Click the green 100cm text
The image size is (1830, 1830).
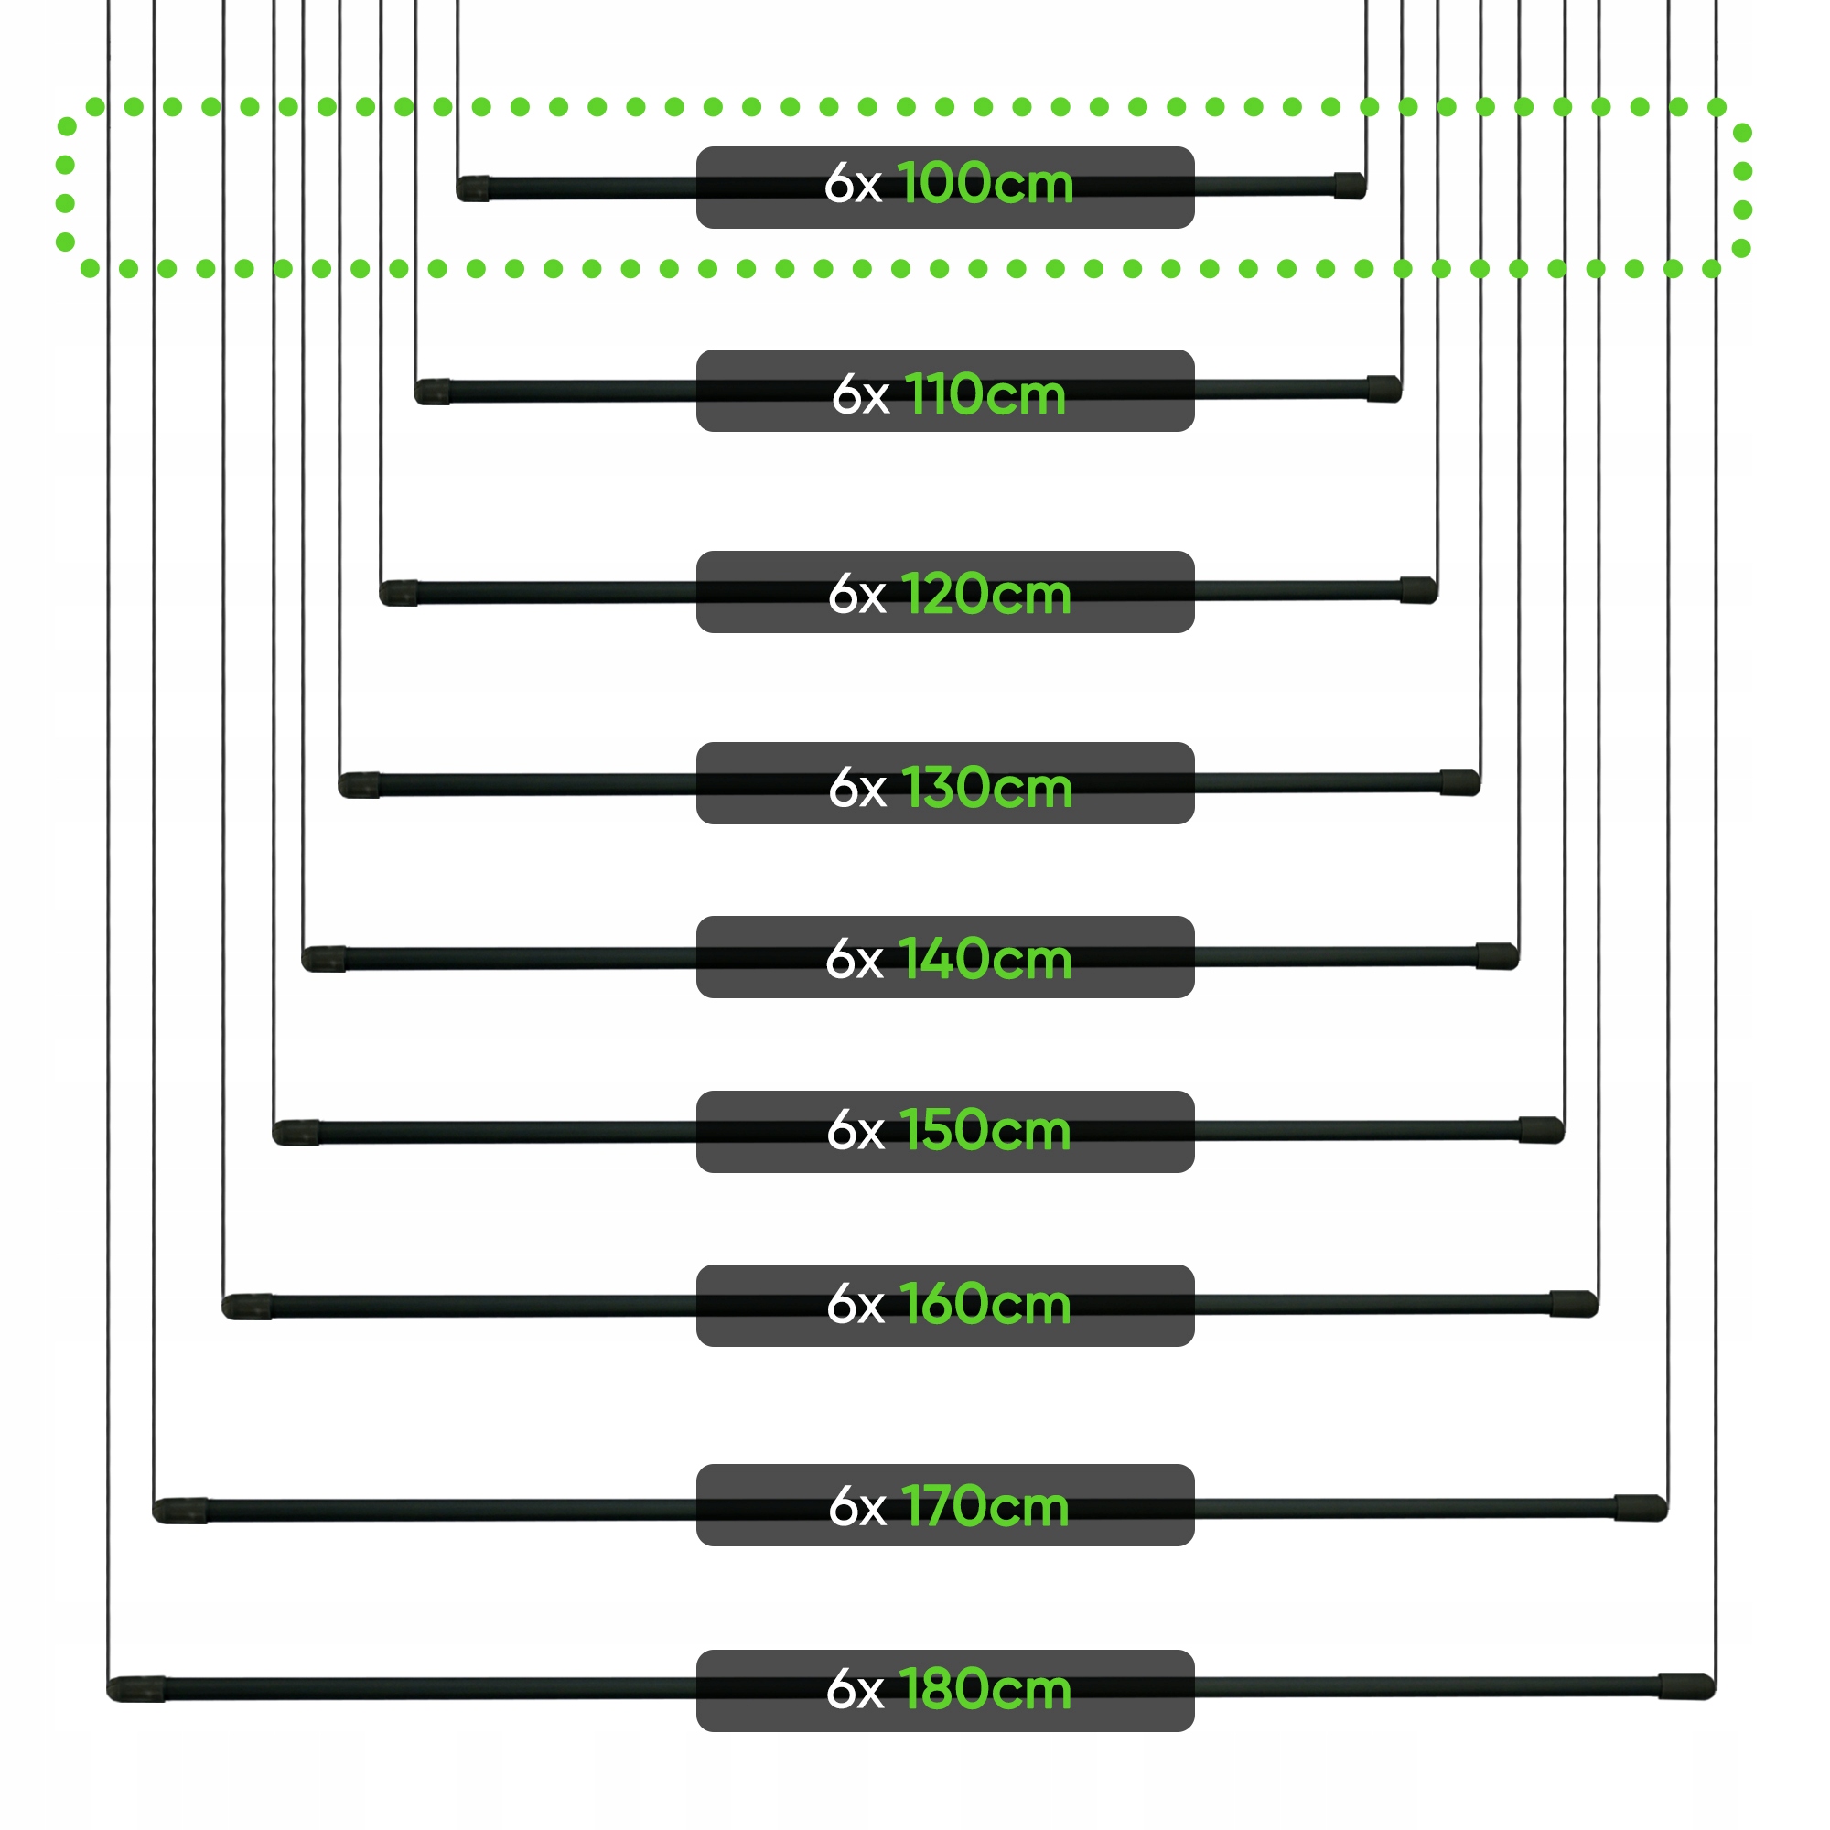(985, 183)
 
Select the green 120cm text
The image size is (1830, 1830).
(985, 595)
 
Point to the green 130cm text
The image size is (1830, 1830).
(986, 787)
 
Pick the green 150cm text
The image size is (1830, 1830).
(985, 1130)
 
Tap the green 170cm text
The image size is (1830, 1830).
(985, 1506)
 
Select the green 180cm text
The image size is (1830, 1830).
(985, 1690)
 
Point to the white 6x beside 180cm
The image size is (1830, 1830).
(855, 1691)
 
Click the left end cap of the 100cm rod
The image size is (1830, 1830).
(473, 188)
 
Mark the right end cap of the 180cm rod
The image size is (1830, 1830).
(1687, 1686)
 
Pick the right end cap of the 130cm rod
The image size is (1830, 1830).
(1459, 782)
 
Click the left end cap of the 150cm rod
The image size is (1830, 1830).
(296, 1133)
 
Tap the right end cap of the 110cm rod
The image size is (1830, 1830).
(1383, 388)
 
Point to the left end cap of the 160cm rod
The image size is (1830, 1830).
(246, 1307)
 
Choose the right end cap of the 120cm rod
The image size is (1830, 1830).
(1419, 589)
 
